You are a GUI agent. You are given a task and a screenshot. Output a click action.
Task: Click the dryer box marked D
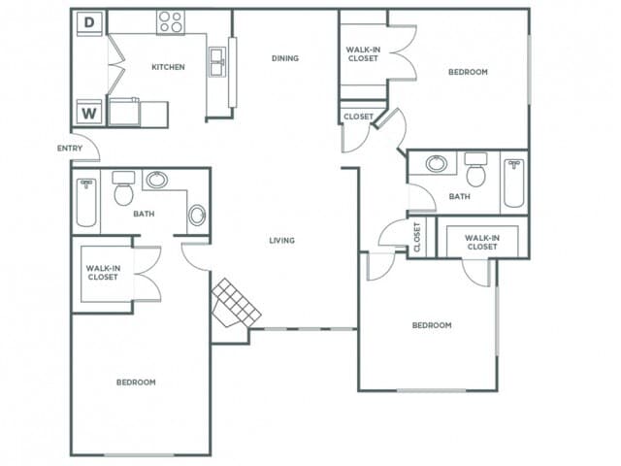click(x=90, y=21)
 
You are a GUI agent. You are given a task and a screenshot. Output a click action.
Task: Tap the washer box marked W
click(x=90, y=113)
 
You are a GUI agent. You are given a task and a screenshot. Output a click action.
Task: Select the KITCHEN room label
click(x=168, y=67)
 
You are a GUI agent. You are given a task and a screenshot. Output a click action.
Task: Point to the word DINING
click(x=284, y=58)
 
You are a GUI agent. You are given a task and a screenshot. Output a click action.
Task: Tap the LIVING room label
click(x=282, y=241)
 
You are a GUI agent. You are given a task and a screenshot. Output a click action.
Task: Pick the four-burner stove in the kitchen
click(x=171, y=21)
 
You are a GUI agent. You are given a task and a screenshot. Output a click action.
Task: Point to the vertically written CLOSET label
click(x=417, y=237)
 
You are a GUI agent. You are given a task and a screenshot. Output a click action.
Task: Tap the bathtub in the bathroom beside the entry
click(x=86, y=202)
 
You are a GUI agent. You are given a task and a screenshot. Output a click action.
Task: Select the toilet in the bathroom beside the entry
click(x=123, y=190)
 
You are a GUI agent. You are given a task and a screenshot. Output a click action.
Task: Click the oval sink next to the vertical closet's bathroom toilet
click(x=438, y=163)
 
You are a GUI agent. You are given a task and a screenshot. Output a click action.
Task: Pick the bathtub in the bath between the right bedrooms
click(x=512, y=183)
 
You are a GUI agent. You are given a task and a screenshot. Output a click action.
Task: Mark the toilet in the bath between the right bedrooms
click(x=475, y=171)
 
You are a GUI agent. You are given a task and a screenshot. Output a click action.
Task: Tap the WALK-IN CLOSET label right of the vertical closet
click(x=481, y=242)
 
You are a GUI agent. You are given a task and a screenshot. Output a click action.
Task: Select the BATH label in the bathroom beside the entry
click(x=144, y=215)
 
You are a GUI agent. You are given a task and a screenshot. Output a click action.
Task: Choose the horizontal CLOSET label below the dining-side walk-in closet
click(x=358, y=116)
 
